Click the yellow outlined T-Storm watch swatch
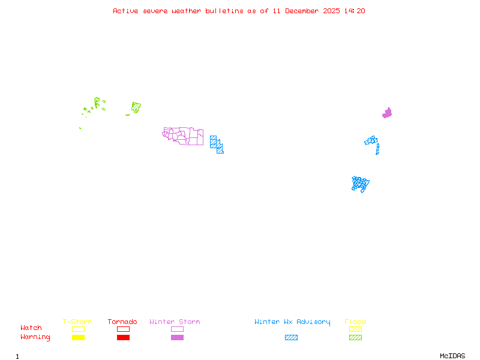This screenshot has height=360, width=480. pyautogui.click(x=78, y=329)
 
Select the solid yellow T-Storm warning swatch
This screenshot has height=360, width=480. pyautogui.click(x=78, y=338)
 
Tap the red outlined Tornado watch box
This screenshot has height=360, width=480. pyautogui.click(x=123, y=329)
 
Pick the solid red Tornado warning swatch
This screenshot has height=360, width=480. pyautogui.click(x=123, y=338)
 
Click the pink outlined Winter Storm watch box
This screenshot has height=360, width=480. pyautogui.click(x=177, y=329)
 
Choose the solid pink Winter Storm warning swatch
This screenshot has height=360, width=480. pyautogui.click(x=177, y=338)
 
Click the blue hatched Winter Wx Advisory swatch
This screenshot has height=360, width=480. pyautogui.click(x=291, y=338)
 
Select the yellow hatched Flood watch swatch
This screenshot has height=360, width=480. pyautogui.click(x=355, y=329)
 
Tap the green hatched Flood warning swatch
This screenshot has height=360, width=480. pyautogui.click(x=355, y=338)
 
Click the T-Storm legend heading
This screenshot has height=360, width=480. pyautogui.click(x=77, y=322)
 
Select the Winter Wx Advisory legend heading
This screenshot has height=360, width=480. pyautogui.click(x=292, y=322)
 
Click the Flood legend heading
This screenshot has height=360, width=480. pyautogui.click(x=355, y=322)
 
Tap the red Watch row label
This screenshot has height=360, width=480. pyautogui.click(x=31, y=328)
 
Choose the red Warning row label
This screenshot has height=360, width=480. pyautogui.click(x=35, y=337)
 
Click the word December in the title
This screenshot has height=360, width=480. pyautogui.click(x=305, y=11)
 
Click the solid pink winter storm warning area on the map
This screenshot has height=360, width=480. pyautogui.click(x=388, y=113)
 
